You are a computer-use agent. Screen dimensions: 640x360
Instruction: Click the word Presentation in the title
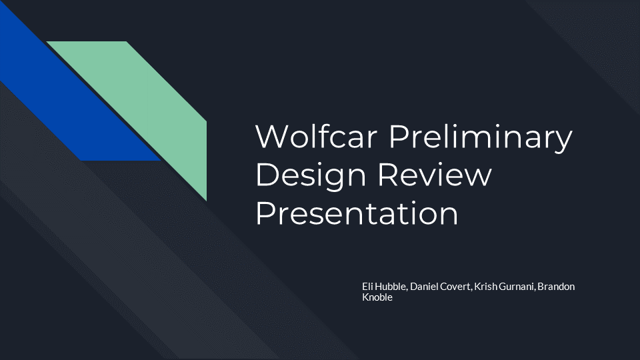(x=357, y=213)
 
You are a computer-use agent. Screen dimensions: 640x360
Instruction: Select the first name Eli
(x=367, y=287)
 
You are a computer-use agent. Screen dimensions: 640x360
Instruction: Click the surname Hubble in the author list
(x=391, y=287)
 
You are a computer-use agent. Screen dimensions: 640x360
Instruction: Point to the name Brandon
(x=556, y=287)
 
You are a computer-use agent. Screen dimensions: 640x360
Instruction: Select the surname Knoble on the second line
(x=377, y=297)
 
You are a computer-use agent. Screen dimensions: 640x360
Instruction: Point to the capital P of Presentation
(x=265, y=213)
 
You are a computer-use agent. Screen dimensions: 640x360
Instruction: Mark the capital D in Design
(x=267, y=174)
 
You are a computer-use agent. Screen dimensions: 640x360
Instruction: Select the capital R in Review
(x=389, y=174)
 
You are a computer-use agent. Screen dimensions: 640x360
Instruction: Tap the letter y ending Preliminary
(x=563, y=141)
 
